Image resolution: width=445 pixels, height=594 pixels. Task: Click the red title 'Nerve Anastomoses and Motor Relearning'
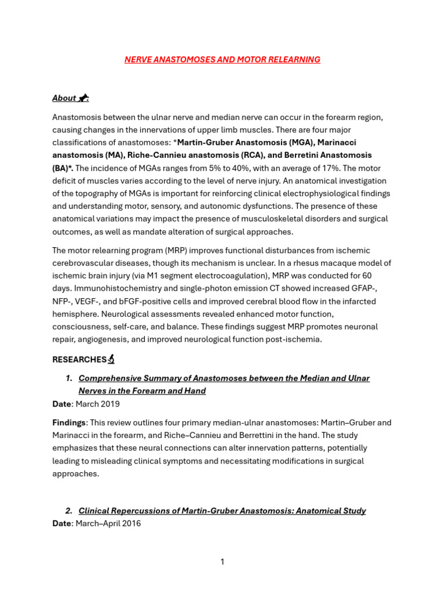222,60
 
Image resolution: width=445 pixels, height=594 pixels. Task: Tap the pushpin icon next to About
84,98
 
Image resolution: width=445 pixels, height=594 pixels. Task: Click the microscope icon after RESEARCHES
111,360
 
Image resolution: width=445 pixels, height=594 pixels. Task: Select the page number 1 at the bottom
222,562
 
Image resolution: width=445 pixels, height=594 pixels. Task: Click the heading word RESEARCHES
79,360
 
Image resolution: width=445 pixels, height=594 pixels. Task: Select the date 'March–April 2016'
107,523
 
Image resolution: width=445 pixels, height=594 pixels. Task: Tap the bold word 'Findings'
68,422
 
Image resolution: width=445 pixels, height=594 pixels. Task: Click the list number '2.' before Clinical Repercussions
69,510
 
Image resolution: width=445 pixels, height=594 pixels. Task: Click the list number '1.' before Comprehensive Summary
69,378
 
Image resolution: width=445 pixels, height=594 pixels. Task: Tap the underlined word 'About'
64,98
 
